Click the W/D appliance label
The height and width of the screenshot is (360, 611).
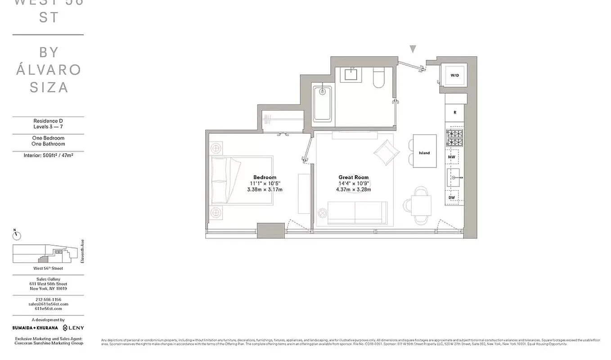click(x=454, y=75)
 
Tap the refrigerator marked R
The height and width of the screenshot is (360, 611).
click(x=455, y=112)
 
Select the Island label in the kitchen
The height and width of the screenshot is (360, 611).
click(x=424, y=153)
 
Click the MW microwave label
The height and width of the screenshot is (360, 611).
click(x=452, y=157)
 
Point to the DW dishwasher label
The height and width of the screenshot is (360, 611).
click(x=452, y=198)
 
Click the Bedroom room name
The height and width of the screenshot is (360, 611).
click(x=265, y=177)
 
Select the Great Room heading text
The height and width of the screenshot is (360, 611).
click(x=353, y=177)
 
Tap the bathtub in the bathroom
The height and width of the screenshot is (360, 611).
click(x=322, y=103)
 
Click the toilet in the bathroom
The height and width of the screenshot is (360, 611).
click(x=378, y=77)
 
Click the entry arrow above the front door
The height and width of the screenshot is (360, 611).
click(x=413, y=49)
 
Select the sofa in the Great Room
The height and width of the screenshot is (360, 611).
click(x=357, y=212)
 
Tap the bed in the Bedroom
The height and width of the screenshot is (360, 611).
click(x=242, y=180)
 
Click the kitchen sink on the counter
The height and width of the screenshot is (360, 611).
click(x=454, y=178)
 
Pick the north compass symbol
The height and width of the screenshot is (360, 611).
click(x=17, y=235)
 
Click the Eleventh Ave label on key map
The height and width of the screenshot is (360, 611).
click(x=82, y=252)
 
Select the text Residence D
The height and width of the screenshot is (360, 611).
click(x=48, y=121)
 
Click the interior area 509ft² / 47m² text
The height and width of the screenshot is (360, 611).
click(x=48, y=155)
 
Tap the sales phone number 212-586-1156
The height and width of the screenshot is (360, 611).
click(x=48, y=300)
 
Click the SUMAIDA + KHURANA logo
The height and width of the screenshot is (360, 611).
click(x=35, y=328)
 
